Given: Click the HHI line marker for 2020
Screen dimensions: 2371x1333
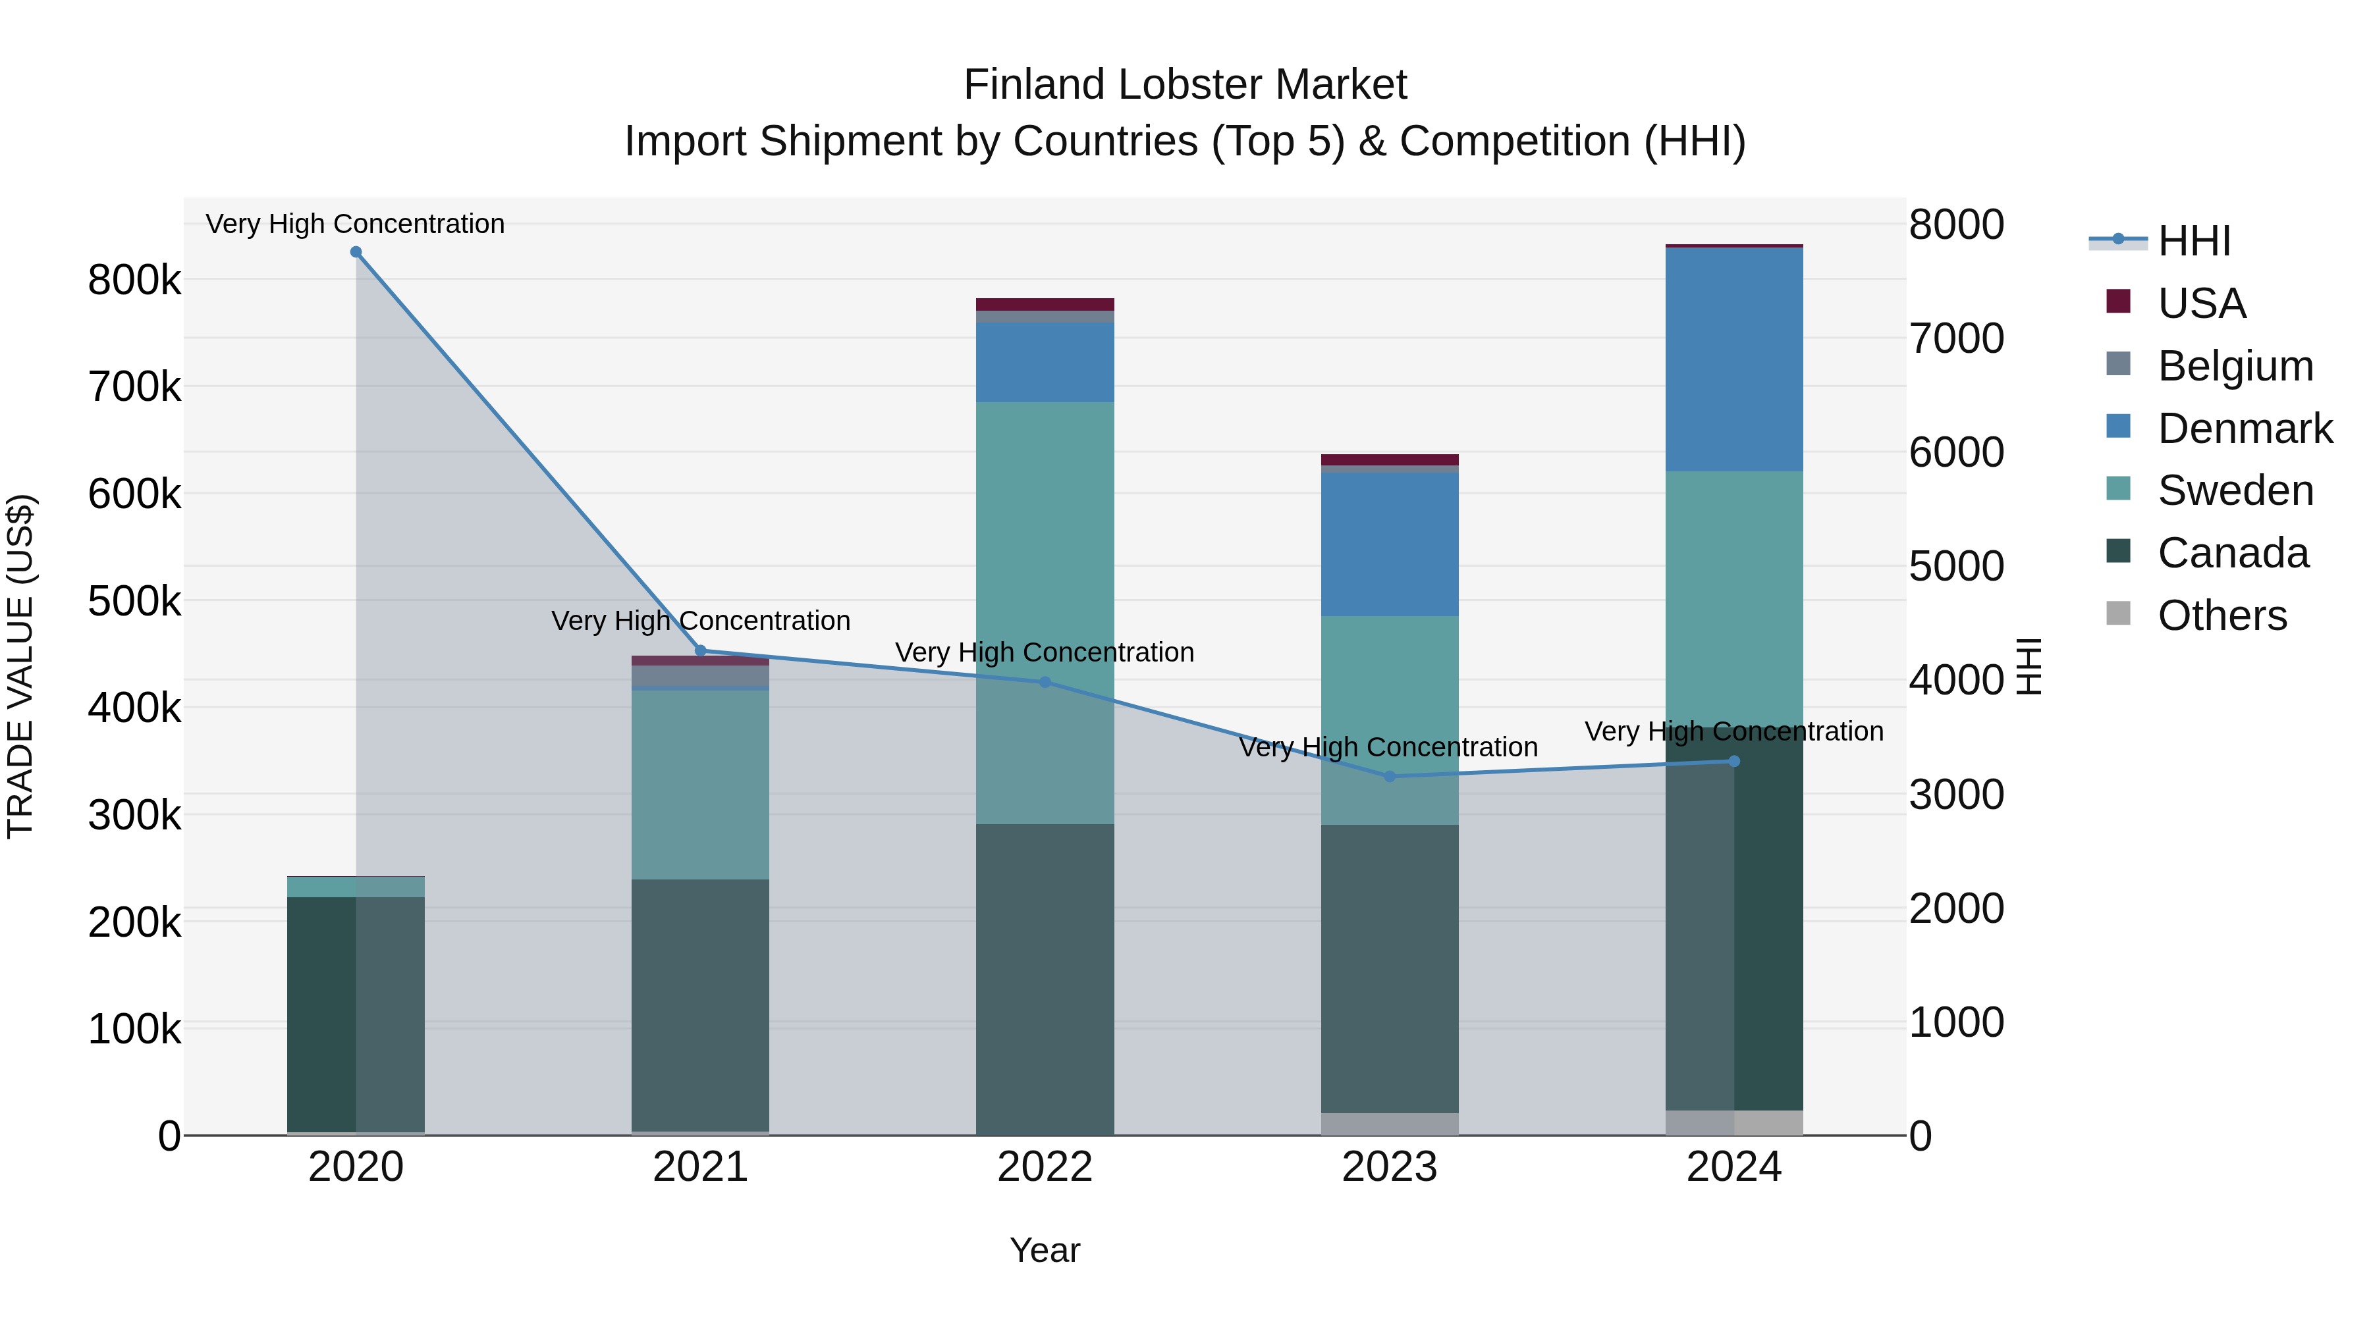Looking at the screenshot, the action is pyautogui.click(x=356, y=252).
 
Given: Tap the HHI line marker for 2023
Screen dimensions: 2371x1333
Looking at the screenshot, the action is pyautogui.click(x=1390, y=777).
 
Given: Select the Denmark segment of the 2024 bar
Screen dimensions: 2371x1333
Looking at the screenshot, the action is pyautogui.click(x=1734, y=359).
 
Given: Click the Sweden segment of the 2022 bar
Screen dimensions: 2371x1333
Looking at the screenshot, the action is pyautogui.click(x=1045, y=534).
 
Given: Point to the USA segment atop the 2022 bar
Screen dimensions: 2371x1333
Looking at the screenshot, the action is pyautogui.click(x=1045, y=305).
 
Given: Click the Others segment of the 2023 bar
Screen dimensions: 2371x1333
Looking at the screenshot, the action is pyautogui.click(x=1390, y=1124).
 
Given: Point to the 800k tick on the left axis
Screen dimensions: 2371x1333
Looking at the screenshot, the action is pyautogui.click(x=134, y=280).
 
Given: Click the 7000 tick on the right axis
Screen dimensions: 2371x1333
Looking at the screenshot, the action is pyautogui.click(x=1956, y=338).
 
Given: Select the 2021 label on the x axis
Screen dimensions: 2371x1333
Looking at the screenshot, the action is pyautogui.click(x=701, y=1167).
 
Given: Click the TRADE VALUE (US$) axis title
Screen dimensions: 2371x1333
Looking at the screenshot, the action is pyautogui.click(x=20, y=666).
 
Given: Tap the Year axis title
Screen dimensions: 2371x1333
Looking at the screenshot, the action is pyautogui.click(x=1045, y=1250).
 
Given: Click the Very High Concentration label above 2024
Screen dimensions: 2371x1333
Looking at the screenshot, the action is pyautogui.click(x=1734, y=732).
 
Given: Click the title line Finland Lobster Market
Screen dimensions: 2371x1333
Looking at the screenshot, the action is pyautogui.click(x=1185, y=85).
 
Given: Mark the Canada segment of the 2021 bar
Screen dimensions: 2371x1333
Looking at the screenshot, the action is pyautogui.click(x=701, y=1003).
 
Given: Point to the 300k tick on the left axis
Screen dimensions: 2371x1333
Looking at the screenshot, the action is pyautogui.click(x=134, y=815).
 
